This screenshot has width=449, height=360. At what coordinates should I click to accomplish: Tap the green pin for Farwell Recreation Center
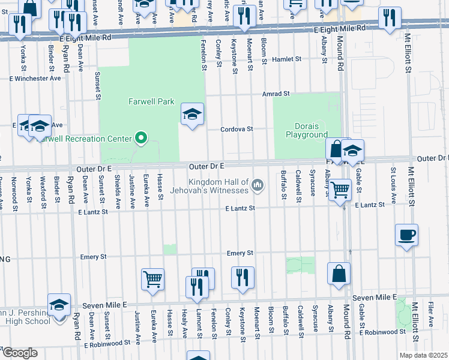pos(141,139)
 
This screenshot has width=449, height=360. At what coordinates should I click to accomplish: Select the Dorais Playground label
pos(310,131)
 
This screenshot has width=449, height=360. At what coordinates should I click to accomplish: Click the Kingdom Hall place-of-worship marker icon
pos(258,185)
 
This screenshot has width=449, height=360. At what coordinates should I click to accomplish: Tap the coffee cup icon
pos(406,235)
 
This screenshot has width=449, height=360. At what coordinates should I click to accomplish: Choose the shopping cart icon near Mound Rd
pos(340,190)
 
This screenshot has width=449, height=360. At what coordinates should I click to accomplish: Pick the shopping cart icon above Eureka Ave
pos(152,278)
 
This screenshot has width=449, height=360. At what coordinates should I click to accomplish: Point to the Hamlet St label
pos(286,59)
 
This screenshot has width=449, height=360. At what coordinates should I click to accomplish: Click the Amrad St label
pos(276,94)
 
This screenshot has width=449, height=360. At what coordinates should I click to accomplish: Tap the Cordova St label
pos(237,129)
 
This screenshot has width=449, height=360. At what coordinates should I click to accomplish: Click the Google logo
pos(19,353)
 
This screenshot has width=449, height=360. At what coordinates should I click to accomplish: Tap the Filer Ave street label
pos(430,315)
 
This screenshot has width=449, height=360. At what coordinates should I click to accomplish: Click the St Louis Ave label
pos(393,178)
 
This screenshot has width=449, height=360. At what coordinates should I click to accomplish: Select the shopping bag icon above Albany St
pos(339,273)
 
